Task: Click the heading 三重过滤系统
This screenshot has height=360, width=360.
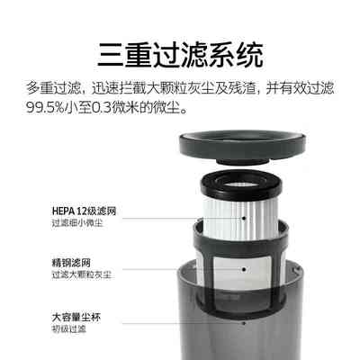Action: coord(180,57)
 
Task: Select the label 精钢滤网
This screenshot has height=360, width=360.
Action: coord(46,263)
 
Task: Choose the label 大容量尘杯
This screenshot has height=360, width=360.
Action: coord(50,317)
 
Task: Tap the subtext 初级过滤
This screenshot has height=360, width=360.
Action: coord(44,329)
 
